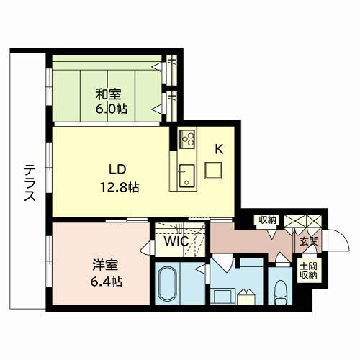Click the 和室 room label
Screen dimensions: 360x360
coord(109,94)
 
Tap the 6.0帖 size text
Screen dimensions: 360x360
coord(112,109)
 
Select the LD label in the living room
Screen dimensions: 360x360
coord(117,170)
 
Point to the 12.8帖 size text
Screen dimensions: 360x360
coord(120,187)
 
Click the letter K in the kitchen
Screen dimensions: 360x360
coord(219,150)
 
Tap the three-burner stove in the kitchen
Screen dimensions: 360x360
coord(186,139)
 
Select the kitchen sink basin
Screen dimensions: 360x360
coord(187,176)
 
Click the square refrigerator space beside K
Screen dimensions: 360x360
coord(213,171)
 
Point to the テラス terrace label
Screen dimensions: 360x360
coord(30,183)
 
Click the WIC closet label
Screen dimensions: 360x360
coord(176,241)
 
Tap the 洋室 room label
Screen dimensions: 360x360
coord(105,265)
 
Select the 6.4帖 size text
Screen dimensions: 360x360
coord(107,282)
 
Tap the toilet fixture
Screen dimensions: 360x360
coord(280,293)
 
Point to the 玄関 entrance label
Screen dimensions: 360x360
coord(309,241)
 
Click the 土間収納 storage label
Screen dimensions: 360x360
coord(308,271)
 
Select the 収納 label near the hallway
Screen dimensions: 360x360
coord(268,220)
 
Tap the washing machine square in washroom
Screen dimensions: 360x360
coord(222,297)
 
